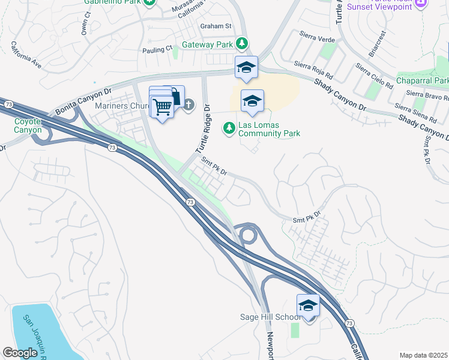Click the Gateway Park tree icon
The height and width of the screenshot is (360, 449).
[241, 43]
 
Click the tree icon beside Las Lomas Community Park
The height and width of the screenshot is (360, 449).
[229, 127]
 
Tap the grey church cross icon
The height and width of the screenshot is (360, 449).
[188, 106]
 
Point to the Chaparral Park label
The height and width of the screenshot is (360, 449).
[422, 80]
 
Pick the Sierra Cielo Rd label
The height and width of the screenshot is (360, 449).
[373, 77]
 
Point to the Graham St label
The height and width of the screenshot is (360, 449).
[215, 26]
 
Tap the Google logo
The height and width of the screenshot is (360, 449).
[20, 353]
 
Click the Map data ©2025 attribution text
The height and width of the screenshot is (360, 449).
[423, 355]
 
